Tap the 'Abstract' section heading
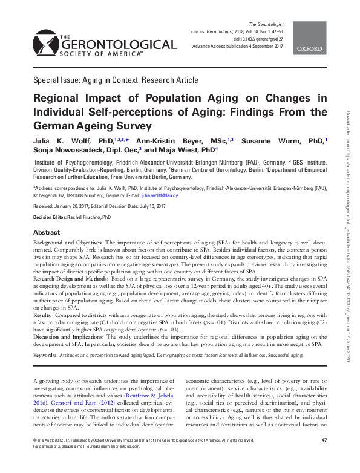coord(47,232)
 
